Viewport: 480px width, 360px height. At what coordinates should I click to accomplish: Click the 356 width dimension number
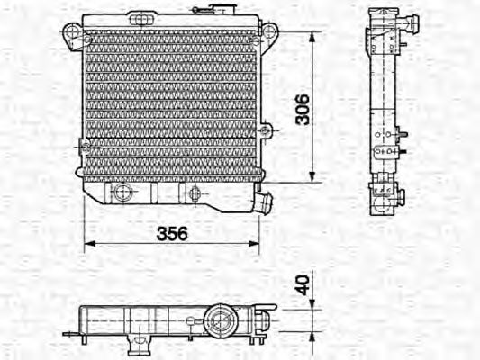click(173, 233)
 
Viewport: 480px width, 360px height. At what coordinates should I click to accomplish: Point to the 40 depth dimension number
click(303, 284)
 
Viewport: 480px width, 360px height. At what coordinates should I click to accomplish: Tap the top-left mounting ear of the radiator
click(72, 34)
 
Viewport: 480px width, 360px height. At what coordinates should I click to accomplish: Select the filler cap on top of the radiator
click(216, 9)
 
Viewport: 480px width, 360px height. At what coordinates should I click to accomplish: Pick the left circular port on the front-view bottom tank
click(122, 193)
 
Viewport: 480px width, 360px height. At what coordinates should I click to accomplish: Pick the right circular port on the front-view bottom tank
click(193, 193)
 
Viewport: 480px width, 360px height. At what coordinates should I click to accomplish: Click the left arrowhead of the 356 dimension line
click(87, 245)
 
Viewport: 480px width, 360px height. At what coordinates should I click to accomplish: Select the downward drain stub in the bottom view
click(139, 342)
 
